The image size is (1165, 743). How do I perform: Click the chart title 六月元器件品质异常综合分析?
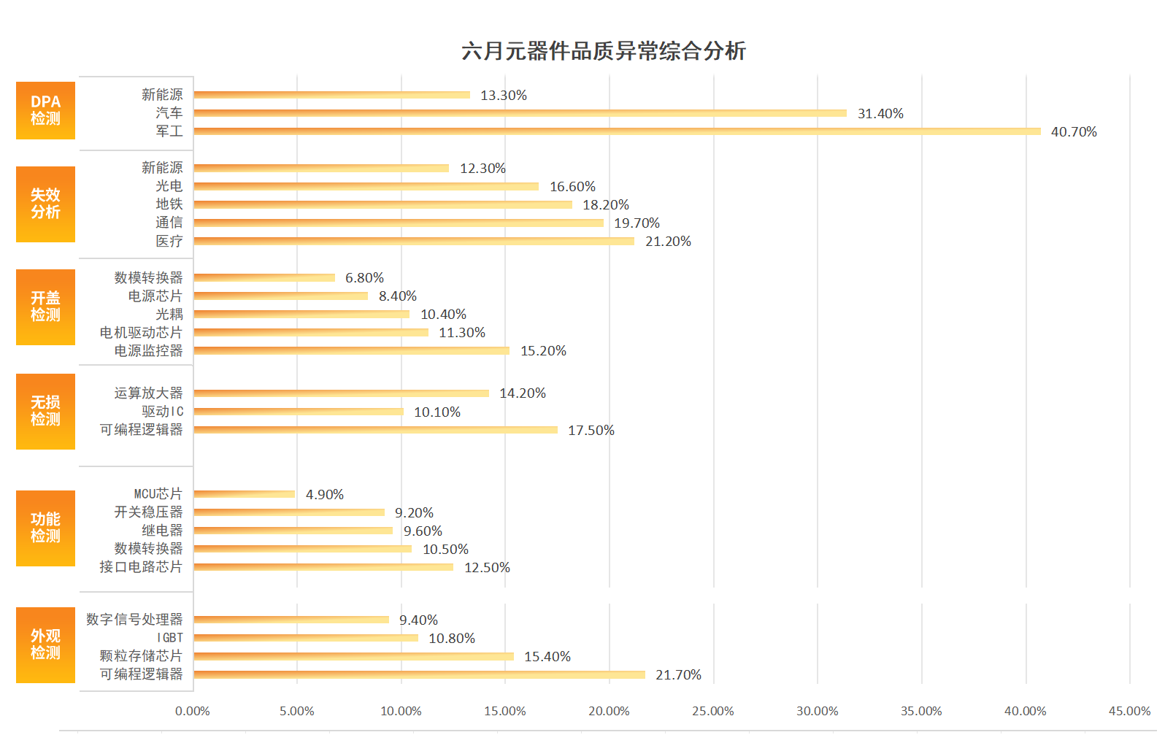(x=604, y=51)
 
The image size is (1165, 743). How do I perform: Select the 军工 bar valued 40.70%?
(x=617, y=131)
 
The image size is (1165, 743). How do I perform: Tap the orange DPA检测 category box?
(x=45, y=110)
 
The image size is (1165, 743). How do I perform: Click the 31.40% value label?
(x=880, y=114)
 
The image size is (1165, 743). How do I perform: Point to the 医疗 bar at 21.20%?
(x=414, y=241)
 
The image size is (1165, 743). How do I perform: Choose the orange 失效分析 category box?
(x=45, y=204)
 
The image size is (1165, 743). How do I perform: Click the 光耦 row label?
(x=169, y=315)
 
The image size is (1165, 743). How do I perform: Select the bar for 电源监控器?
(x=352, y=350)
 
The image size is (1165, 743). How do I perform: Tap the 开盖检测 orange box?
(x=45, y=307)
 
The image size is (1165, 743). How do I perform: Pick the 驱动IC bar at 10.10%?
(x=299, y=412)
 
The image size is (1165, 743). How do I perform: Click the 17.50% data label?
(x=591, y=431)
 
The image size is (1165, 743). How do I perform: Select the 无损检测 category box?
(x=45, y=411)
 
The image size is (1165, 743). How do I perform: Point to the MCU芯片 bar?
(x=245, y=494)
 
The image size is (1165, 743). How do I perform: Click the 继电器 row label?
(x=162, y=531)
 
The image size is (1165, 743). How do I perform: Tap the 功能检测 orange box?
(x=45, y=528)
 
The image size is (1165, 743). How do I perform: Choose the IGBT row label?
(x=170, y=638)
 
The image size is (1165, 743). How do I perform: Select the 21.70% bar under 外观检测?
(x=420, y=674)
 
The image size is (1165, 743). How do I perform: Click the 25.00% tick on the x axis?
(x=713, y=711)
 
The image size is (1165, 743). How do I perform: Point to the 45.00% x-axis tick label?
(x=1129, y=711)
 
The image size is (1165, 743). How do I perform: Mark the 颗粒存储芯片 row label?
(x=141, y=656)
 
